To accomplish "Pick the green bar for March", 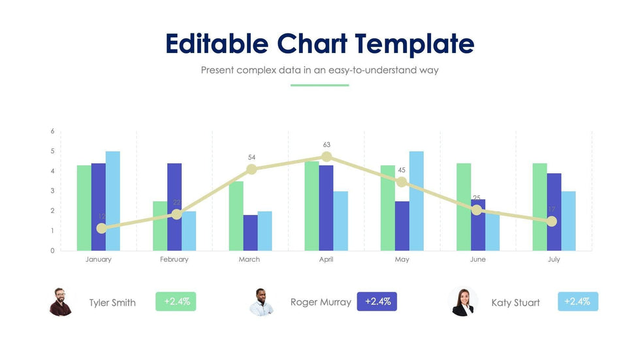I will [236, 216].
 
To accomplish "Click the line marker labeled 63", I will [327, 157].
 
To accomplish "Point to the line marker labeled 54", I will [251, 169].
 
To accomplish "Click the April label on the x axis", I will [326, 259].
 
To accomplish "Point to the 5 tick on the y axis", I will [52, 152].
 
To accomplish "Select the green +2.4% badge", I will [176, 301].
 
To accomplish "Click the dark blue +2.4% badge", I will [377, 301].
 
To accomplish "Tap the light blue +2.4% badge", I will [578, 301].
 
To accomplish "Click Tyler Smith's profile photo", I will [61, 302].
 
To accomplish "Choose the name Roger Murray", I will [321, 302].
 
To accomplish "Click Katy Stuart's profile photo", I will [464, 302].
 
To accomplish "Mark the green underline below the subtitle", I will [319, 85].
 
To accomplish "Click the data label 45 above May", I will [402, 171].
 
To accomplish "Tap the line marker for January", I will [101, 228].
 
